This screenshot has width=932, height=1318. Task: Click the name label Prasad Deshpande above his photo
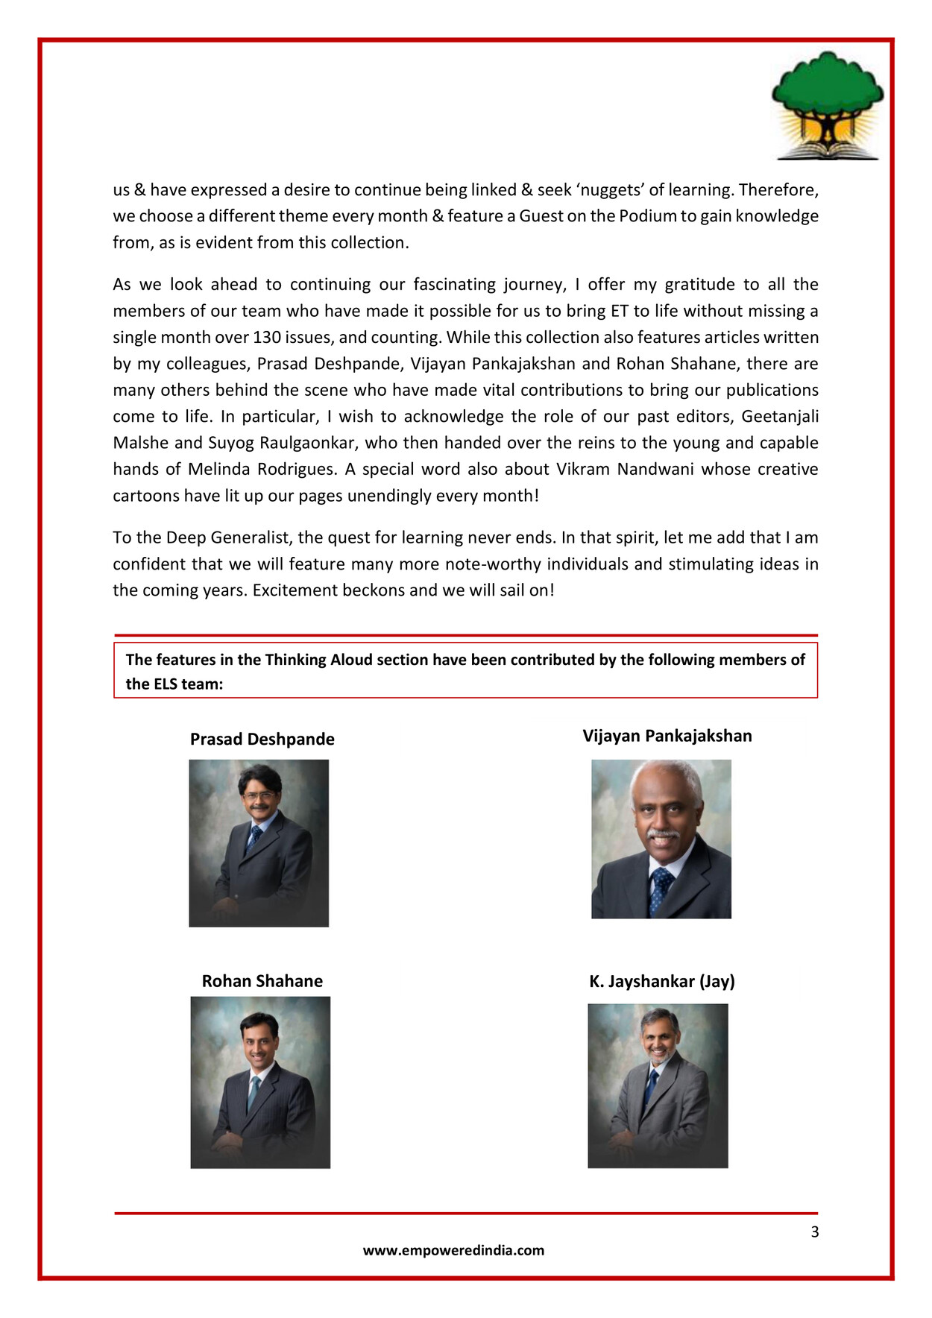(262, 739)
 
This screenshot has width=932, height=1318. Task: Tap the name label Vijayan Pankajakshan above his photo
(667, 736)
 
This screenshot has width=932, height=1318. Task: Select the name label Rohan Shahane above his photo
(262, 981)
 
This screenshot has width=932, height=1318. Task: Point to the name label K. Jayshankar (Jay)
(661, 981)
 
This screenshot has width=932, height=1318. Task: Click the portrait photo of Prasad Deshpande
(259, 842)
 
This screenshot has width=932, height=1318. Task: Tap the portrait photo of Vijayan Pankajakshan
(661, 839)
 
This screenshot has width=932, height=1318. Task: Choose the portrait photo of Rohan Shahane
(260, 1082)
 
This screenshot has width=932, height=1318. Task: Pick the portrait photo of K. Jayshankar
(658, 1085)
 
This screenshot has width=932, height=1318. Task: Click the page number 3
(814, 1232)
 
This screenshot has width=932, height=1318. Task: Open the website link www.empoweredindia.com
(453, 1250)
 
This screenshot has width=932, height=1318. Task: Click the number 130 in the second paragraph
(266, 337)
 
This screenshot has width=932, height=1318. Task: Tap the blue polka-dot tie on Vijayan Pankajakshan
(660, 889)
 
